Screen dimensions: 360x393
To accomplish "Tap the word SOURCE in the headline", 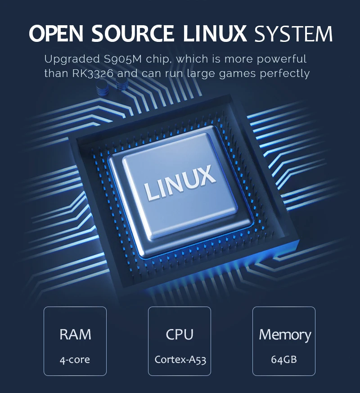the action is [132, 34].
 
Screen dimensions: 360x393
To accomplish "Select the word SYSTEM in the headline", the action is [293, 34].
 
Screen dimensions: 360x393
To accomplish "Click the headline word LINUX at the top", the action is [217, 34].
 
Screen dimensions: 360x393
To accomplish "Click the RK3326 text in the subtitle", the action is [93, 73].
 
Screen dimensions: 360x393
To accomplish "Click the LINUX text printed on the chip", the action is [180, 183].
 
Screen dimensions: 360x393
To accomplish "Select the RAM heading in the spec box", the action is [75, 334].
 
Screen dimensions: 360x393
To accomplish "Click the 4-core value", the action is [75, 360].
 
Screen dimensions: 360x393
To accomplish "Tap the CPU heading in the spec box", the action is [180, 334].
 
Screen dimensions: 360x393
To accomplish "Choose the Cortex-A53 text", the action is [180, 360].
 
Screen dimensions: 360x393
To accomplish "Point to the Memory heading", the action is [284, 334].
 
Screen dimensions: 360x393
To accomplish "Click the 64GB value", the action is [284, 360].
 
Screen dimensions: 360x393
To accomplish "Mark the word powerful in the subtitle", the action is [284, 59].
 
